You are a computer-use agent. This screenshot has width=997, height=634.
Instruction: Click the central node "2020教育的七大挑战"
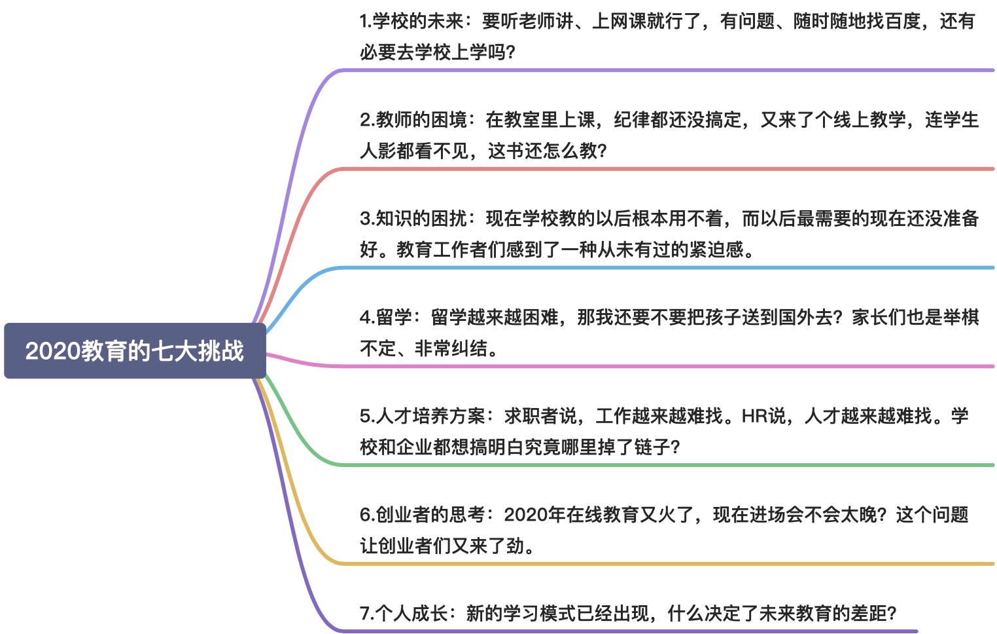[x=135, y=351]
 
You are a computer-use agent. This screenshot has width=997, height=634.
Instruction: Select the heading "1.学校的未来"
[x=411, y=22]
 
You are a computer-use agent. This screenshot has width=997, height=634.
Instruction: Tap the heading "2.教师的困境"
[x=413, y=120]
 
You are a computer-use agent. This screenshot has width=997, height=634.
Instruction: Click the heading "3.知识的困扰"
[x=413, y=219]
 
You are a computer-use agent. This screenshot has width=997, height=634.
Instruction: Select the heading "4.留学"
[x=385, y=318]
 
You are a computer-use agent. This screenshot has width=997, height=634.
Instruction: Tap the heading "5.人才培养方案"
[x=423, y=416]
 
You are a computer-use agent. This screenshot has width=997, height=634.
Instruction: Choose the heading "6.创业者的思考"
[x=423, y=515]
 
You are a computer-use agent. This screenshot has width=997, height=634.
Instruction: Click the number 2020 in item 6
[x=526, y=515]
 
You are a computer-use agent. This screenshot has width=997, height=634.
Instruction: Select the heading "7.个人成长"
[x=404, y=614]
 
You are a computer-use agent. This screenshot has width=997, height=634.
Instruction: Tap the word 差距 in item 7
[x=869, y=614]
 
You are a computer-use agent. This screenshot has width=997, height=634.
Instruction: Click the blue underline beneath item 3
[x=654, y=268]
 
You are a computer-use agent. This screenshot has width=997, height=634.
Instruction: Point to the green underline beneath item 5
[x=654, y=465]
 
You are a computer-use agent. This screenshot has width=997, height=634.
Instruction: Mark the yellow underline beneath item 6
[x=654, y=563]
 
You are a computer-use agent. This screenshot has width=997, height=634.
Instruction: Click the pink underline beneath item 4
[x=654, y=366]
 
